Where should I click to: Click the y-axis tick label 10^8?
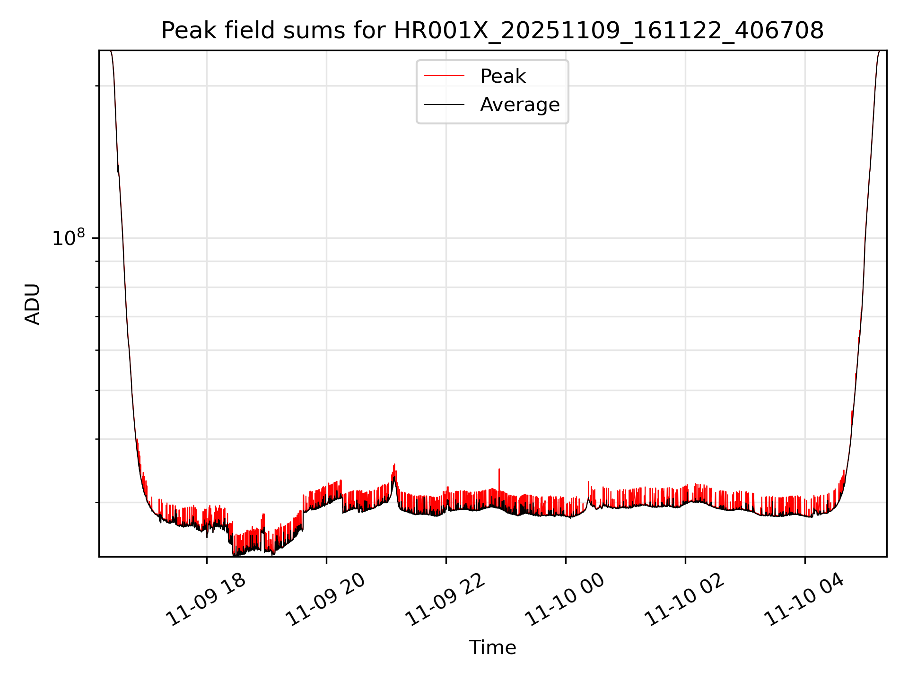[x=69, y=237]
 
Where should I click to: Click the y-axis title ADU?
[x=32, y=304]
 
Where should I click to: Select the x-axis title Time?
[x=492, y=647]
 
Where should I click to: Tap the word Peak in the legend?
[x=503, y=76]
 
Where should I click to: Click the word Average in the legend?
[x=520, y=105]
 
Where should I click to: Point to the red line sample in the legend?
[x=444, y=76]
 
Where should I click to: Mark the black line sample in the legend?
[x=444, y=105]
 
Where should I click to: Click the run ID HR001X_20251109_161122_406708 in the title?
[x=609, y=31]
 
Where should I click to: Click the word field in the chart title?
[x=250, y=31]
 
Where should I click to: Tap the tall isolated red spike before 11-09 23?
[x=499, y=470]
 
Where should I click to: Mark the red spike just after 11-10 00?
[x=588, y=482]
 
